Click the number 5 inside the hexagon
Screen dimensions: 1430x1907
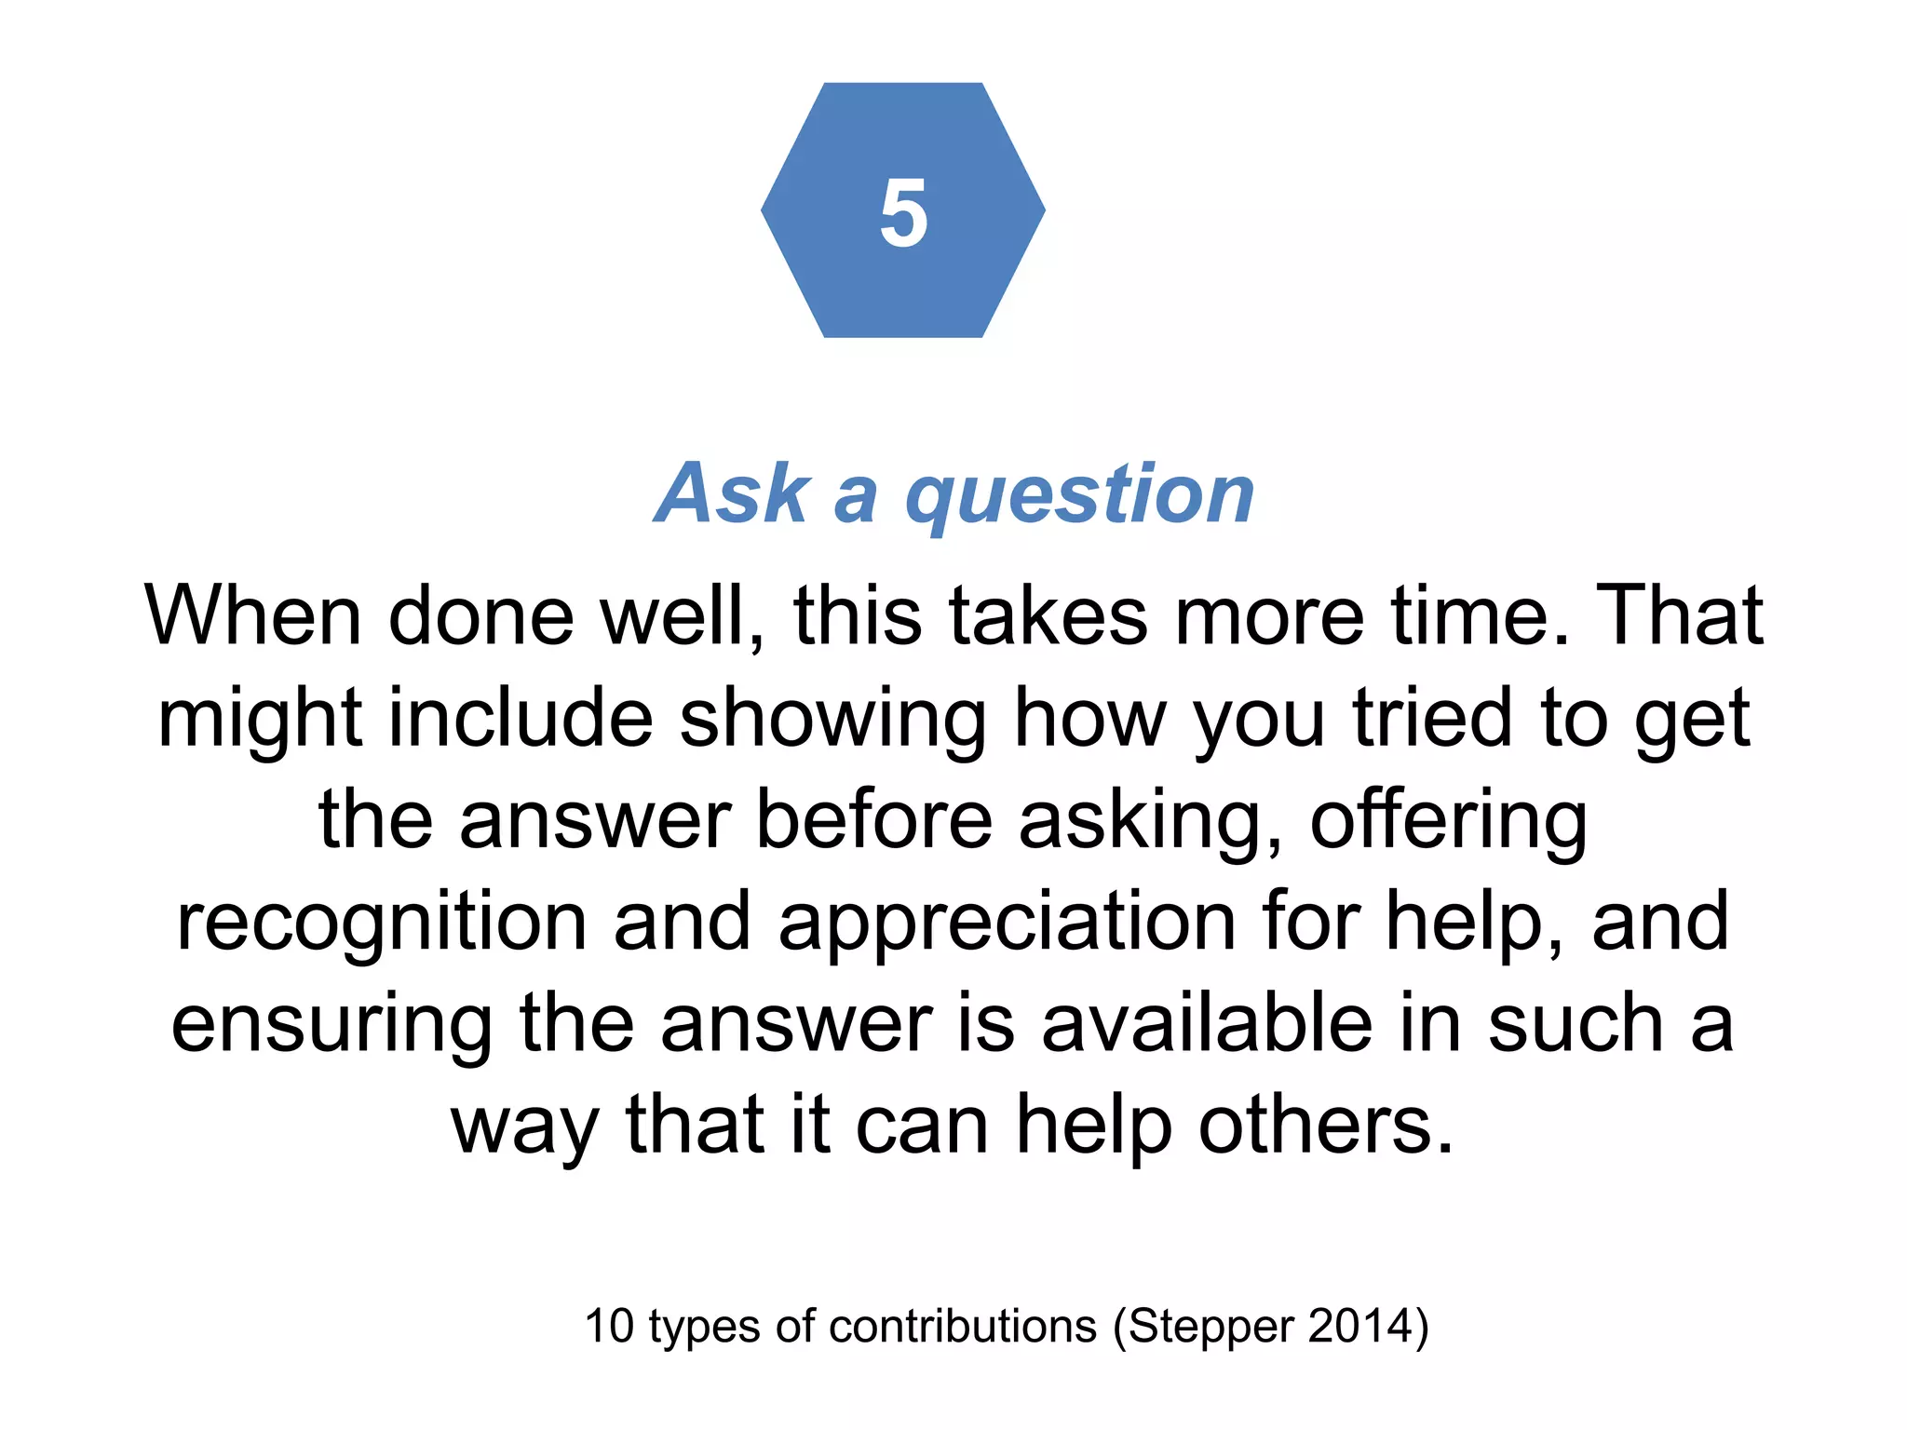point(903,213)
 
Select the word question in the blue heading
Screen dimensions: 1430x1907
point(1080,495)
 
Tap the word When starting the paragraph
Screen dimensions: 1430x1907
point(252,615)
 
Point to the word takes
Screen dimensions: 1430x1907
point(1048,615)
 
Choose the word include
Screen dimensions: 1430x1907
point(521,718)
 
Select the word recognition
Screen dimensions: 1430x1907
point(382,924)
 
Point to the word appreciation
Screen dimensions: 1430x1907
point(1007,924)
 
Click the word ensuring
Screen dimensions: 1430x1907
point(331,1026)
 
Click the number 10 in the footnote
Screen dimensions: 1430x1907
point(609,1326)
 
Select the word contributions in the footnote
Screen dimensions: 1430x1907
point(963,1326)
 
